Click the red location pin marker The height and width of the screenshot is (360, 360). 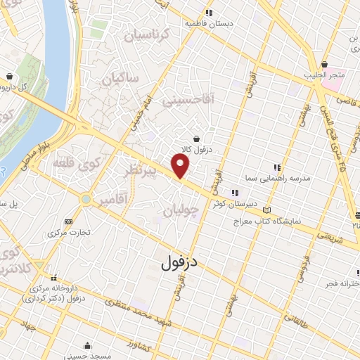tap(181, 165)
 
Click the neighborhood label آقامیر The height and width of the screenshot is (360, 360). tap(112, 201)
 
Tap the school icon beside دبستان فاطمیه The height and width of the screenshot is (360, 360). tap(207, 13)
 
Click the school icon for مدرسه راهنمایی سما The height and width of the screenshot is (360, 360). tap(277, 167)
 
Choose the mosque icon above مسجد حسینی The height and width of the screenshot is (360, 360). tap(86, 345)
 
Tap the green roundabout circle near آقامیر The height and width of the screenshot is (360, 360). tap(86, 200)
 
